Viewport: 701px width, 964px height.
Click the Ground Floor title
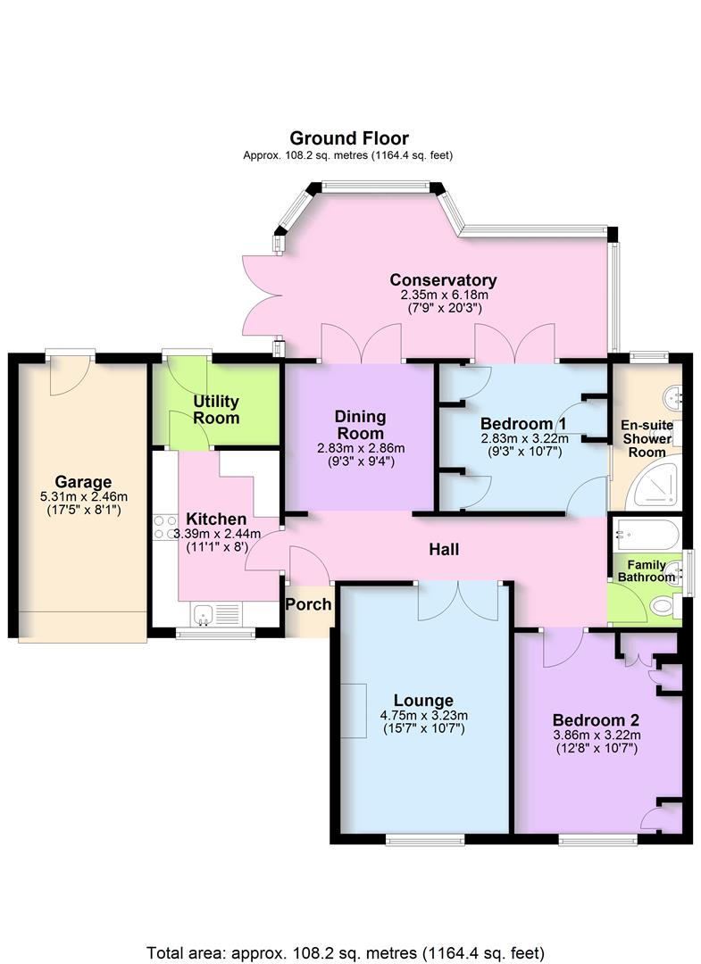(x=349, y=138)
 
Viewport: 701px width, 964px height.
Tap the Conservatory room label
(x=443, y=280)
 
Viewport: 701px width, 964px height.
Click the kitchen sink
(x=204, y=614)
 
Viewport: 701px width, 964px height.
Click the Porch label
(x=308, y=604)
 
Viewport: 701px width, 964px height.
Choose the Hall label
(x=444, y=549)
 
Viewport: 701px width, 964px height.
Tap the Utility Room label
(x=216, y=410)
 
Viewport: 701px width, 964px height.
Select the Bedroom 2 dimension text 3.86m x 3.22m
(x=595, y=735)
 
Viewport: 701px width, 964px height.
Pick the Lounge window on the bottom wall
(x=425, y=838)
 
